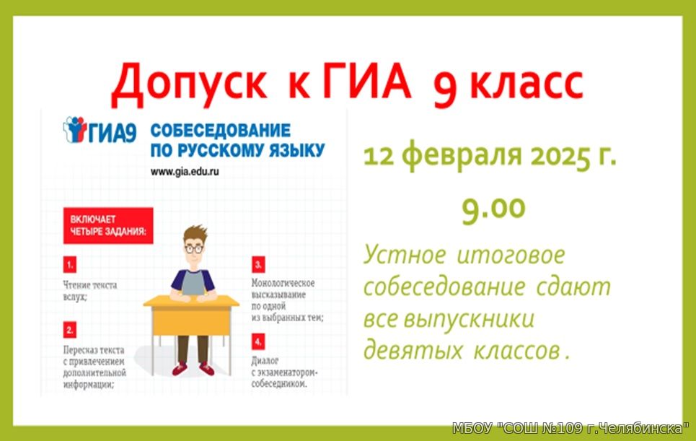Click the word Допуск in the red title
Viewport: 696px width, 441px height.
click(x=189, y=82)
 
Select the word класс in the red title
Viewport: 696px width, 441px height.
click(x=527, y=84)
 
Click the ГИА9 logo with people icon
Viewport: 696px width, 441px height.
click(x=100, y=130)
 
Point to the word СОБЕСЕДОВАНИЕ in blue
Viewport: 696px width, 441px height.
click(x=221, y=131)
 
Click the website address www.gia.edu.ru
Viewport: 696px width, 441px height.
click(x=185, y=172)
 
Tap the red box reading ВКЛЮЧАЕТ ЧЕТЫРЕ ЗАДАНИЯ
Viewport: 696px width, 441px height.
click(x=108, y=226)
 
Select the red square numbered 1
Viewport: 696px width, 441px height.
click(x=70, y=265)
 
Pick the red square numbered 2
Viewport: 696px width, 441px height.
click(x=70, y=330)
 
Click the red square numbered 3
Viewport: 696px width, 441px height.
click(x=258, y=265)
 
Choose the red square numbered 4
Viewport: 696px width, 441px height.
click(x=258, y=342)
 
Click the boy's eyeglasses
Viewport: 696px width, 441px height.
click(x=193, y=248)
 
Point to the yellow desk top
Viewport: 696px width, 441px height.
click(x=191, y=301)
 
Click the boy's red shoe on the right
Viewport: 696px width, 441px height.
click(x=206, y=369)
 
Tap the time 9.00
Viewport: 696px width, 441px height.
click(x=493, y=209)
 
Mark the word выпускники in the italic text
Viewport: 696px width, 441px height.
click(x=470, y=319)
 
